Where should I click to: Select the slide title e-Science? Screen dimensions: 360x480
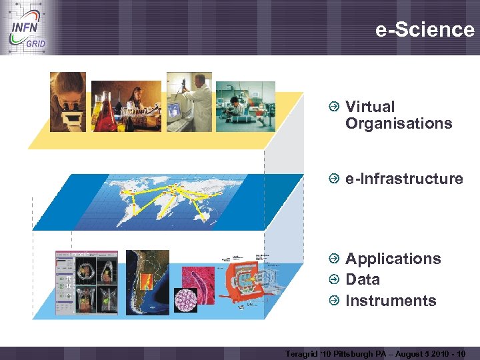tap(425, 29)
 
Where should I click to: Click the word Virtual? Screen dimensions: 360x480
tap(370, 107)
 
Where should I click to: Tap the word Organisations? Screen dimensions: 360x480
tap(399, 123)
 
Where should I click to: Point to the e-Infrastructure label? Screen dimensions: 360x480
tap(404, 179)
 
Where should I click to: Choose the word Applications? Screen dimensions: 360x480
tap(393, 259)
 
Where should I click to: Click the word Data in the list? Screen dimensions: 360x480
tap(363, 279)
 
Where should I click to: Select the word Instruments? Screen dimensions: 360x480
tap(391, 301)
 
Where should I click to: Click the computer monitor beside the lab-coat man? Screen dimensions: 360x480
tap(175, 109)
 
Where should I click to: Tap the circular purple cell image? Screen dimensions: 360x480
tap(185, 299)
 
